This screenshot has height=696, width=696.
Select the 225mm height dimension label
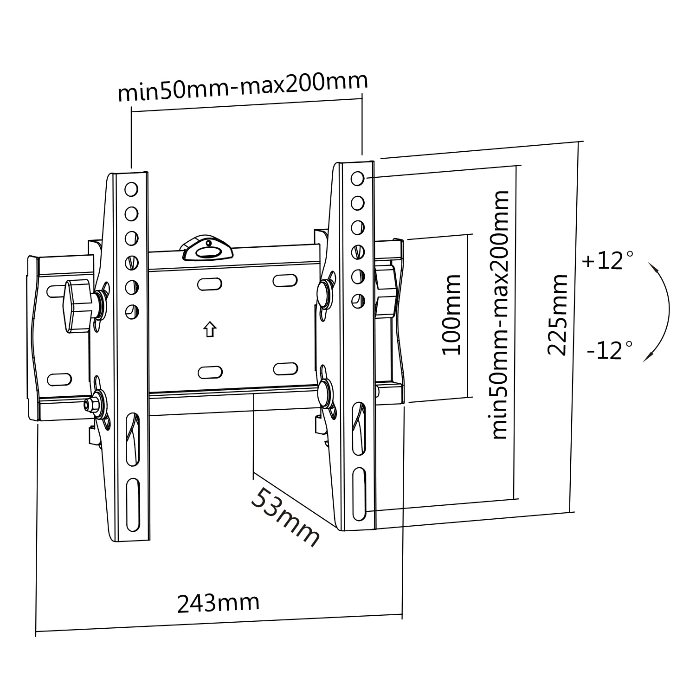(x=557, y=315)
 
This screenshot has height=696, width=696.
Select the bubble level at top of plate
(x=207, y=249)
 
